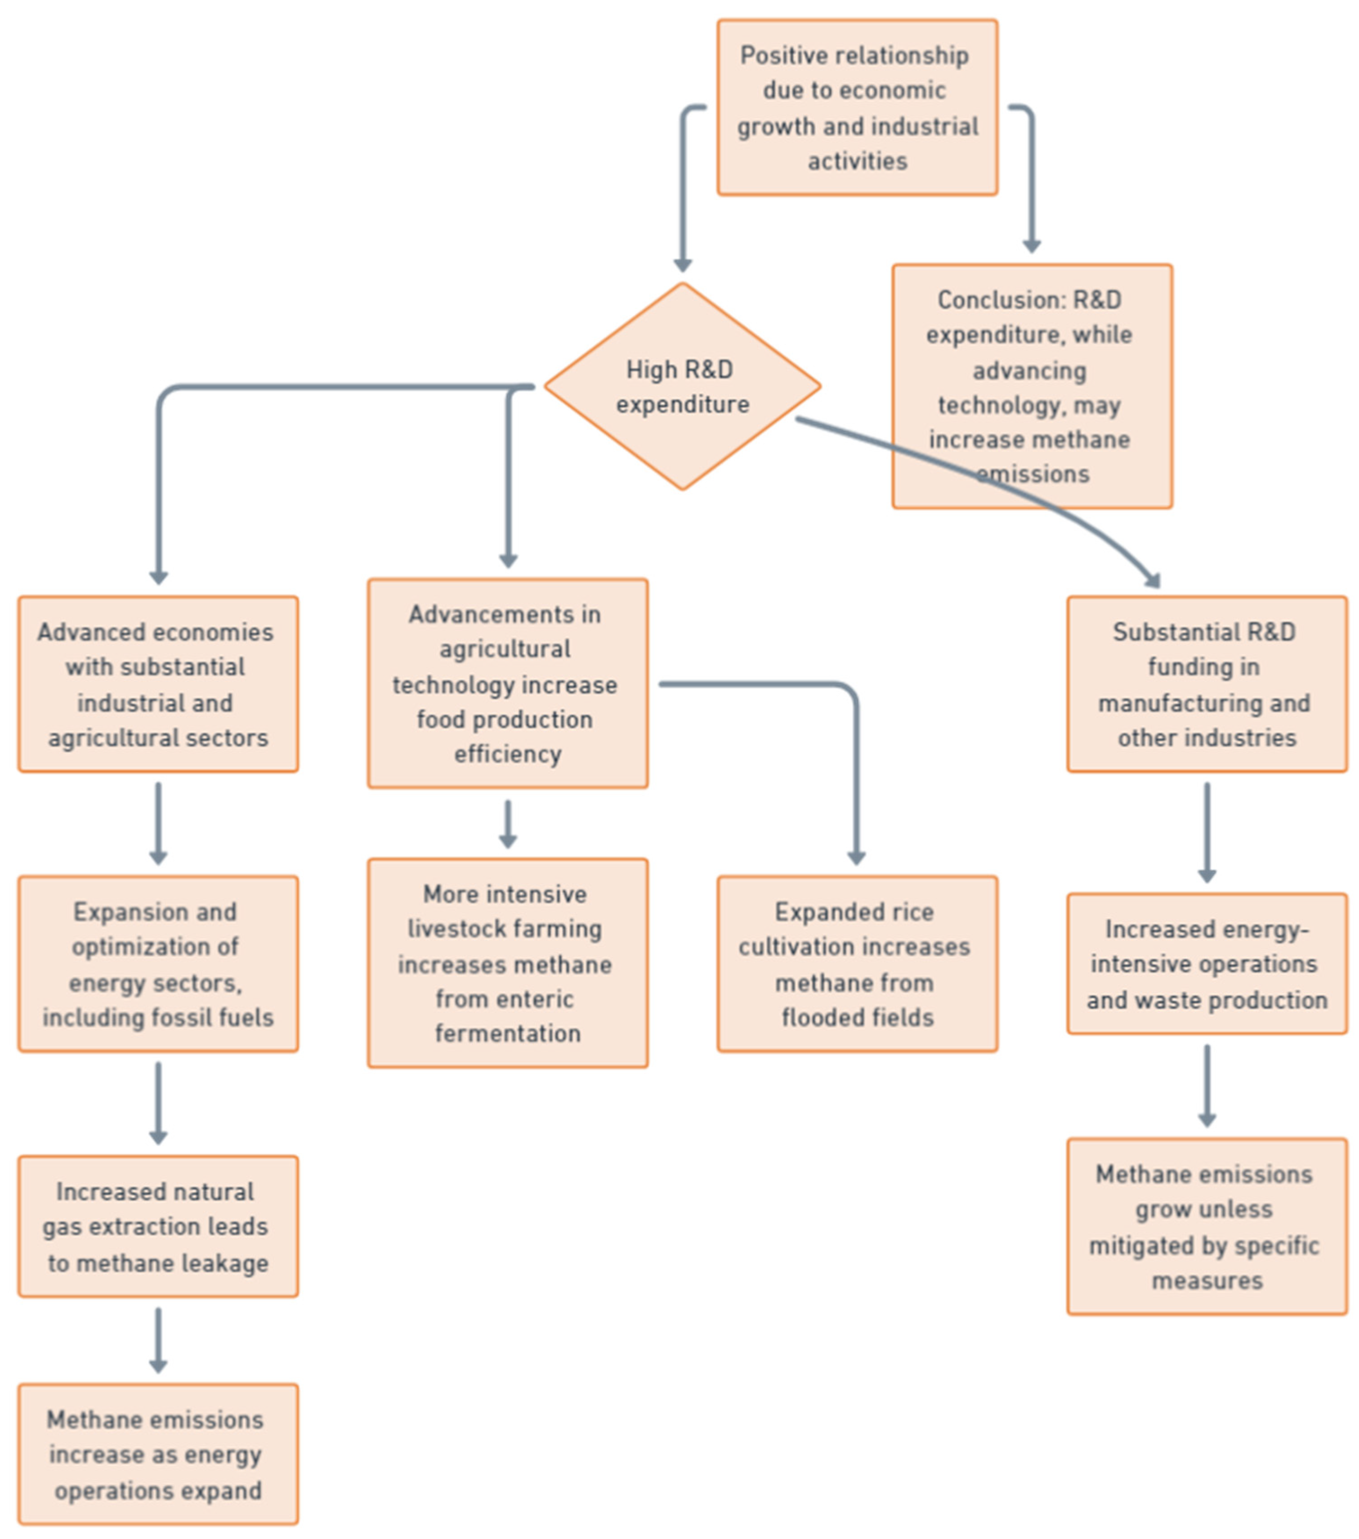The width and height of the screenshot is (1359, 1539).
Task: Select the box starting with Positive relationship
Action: [x=857, y=107]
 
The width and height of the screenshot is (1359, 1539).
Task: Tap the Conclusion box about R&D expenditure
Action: [x=1032, y=386]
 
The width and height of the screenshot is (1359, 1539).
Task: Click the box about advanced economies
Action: [x=158, y=684]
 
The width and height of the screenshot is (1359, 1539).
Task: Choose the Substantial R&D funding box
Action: [x=1206, y=684]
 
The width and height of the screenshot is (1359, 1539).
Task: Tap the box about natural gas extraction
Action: [x=158, y=1226]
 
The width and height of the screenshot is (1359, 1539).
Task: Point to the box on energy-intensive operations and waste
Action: [x=1206, y=964]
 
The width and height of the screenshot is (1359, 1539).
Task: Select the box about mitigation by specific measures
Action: [x=1206, y=1226]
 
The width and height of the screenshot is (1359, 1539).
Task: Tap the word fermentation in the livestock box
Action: [x=507, y=1033]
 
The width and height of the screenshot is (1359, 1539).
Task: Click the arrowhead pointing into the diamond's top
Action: [x=682, y=265]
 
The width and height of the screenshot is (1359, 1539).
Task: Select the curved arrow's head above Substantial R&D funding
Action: [x=1152, y=580]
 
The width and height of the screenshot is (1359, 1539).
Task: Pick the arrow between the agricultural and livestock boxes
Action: [x=507, y=824]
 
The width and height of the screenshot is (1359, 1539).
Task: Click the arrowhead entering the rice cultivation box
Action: [x=856, y=859]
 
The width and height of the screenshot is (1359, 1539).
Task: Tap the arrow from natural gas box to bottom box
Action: [x=158, y=1340]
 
